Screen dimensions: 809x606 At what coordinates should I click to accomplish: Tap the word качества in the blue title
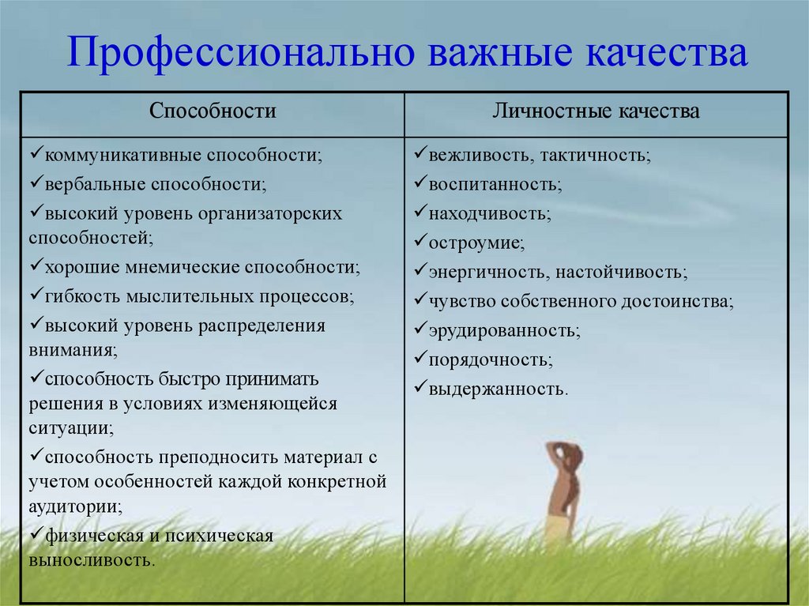(x=667, y=53)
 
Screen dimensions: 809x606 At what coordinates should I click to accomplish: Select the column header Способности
(x=213, y=111)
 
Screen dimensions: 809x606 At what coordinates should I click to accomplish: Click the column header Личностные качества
(x=596, y=111)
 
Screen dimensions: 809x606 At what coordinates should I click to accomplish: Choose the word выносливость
(x=92, y=560)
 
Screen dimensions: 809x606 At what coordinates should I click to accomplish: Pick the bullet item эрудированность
(x=498, y=331)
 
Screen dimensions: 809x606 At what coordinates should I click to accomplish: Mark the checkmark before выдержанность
(x=420, y=386)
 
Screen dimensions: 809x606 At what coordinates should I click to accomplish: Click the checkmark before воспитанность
(x=420, y=182)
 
